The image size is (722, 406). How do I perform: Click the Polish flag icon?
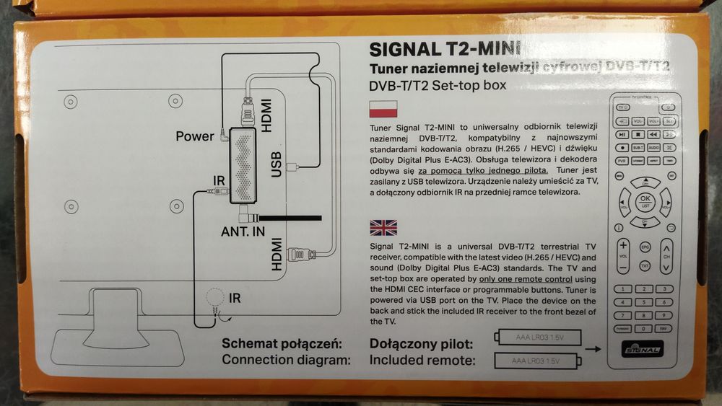click(383, 109)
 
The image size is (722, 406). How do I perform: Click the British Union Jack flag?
click(383, 228)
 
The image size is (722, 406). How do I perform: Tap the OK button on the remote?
click(645, 200)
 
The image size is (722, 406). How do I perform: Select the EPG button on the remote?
click(645, 247)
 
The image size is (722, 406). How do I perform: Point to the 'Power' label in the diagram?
click(195, 136)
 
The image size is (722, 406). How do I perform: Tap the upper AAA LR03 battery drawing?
click(539, 336)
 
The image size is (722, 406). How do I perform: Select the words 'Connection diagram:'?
click(287, 359)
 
